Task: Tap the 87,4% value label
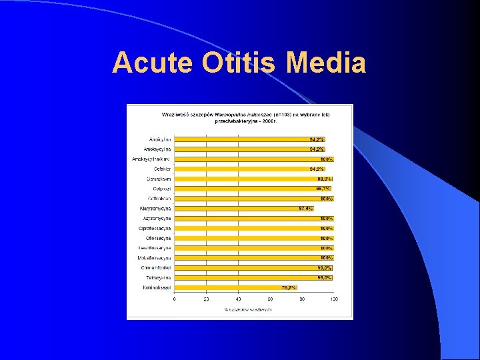coord(306,209)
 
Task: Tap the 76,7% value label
coord(289,287)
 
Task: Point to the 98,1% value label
coord(324,189)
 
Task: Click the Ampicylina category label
coord(160,139)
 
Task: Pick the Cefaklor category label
coord(162,169)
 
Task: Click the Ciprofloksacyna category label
coord(155,228)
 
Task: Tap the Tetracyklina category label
coord(159,277)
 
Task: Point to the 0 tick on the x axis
coord(175,299)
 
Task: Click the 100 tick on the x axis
coord(334,299)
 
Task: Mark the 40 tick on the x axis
coord(239,299)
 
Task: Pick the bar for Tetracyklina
coord(253,277)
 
